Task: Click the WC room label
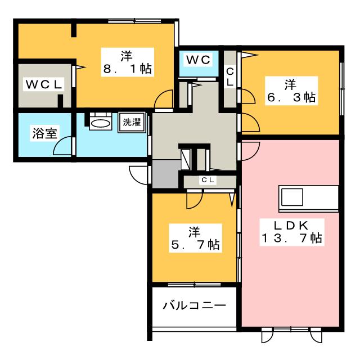[x=198, y=59]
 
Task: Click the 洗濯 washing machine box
[x=132, y=123]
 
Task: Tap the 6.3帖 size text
[x=290, y=97]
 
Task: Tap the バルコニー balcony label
[x=195, y=306]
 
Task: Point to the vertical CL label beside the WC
[x=230, y=76]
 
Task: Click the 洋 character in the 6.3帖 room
[x=290, y=84]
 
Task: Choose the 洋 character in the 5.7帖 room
[x=194, y=231]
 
